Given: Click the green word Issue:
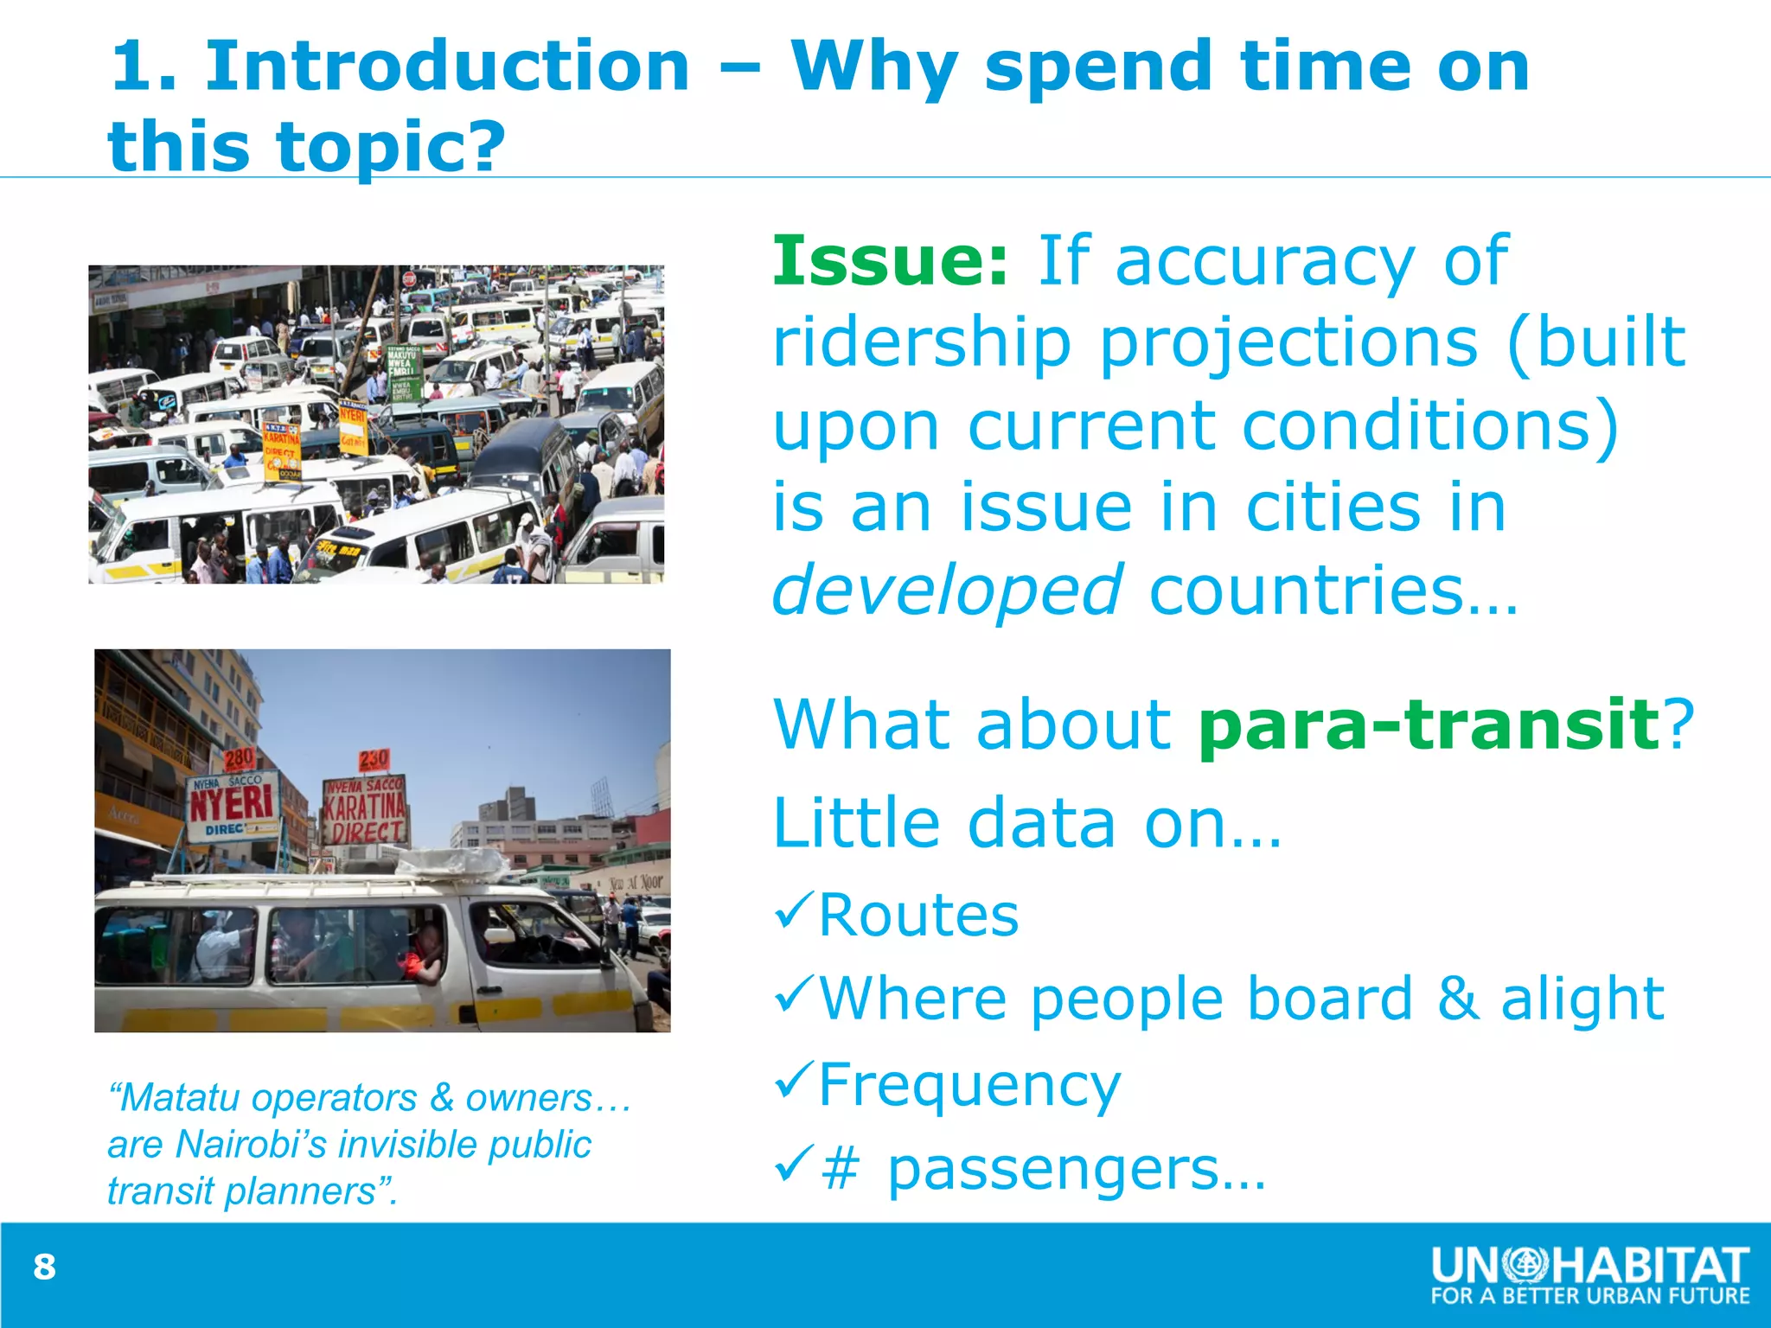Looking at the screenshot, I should point(890,260).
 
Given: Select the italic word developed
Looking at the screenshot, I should point(947,591).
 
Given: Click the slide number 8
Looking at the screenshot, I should point(44,1267).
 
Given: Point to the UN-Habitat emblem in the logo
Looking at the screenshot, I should point(1525,1265).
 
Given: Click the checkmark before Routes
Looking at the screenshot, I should point(794,911).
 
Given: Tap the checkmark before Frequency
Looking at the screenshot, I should point(794,1081).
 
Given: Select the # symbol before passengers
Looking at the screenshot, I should point(840,1170).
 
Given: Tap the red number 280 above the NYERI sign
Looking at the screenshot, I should point(240,759).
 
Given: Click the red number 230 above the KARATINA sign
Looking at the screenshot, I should point(374,760).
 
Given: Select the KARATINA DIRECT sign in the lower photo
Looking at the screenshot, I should point(365,811).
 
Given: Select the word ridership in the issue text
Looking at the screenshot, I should point(922,342).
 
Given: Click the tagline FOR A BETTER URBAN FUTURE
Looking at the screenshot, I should point(1589,1296).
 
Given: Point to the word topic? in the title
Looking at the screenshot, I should point(390,145).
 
